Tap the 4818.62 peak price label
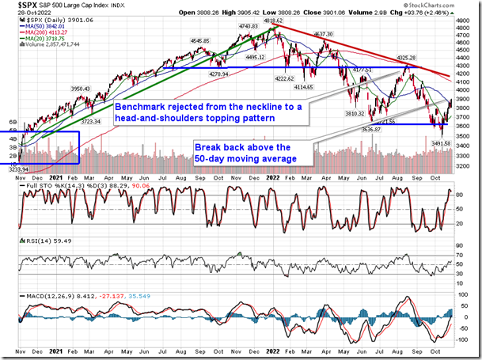(x=274, y=24)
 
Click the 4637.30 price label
(x=323, y=35)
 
